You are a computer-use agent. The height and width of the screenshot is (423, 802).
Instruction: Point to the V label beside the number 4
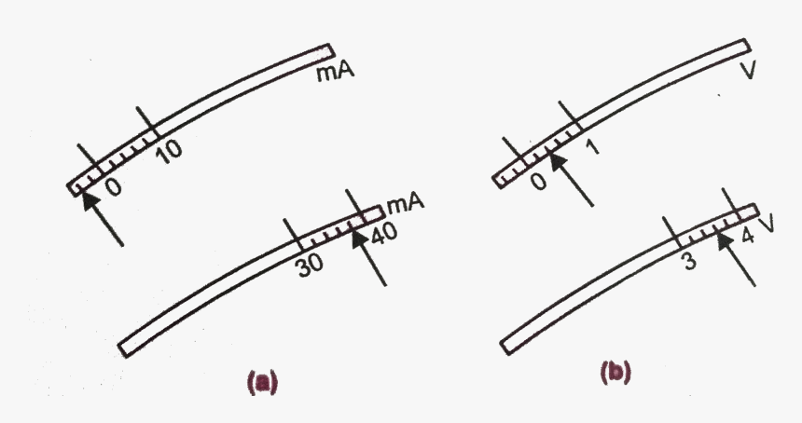point(767,225)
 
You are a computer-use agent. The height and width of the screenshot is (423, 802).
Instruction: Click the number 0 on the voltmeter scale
point(537,181)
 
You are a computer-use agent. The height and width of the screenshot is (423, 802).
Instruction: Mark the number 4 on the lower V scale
point(747,236)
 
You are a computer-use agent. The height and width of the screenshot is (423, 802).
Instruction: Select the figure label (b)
point(616,373)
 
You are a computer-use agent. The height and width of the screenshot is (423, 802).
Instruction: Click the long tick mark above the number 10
point(145,120)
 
